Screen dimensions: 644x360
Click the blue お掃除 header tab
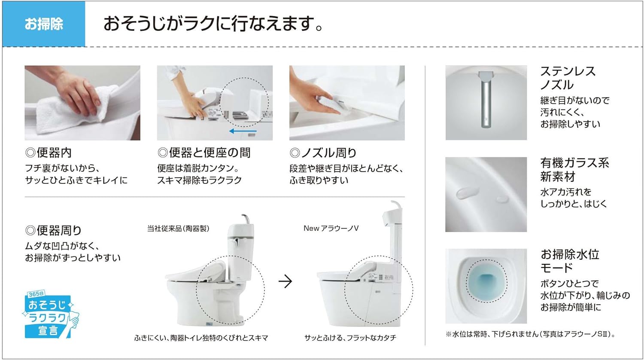point(44,24)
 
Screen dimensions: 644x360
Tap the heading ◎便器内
point(48,153)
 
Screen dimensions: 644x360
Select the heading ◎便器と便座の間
point(204,153)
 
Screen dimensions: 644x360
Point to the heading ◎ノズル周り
point(323,153)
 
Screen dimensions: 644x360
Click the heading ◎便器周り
point(54,230)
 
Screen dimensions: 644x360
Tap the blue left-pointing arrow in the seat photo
point(243,131)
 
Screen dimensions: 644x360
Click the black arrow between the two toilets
point(285,281)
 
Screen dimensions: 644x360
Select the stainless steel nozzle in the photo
point(486,99)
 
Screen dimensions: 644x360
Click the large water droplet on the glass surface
point(468,193)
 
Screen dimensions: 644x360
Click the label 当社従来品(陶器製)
point(178,229)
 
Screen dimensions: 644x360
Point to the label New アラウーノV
point(331,228)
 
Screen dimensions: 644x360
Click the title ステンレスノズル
point(568,78)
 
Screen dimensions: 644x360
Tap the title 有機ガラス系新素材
point(574,170)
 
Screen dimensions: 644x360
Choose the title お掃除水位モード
point(570,261)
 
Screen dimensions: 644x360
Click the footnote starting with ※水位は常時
point(530,334)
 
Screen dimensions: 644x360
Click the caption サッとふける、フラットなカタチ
point(350,338)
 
